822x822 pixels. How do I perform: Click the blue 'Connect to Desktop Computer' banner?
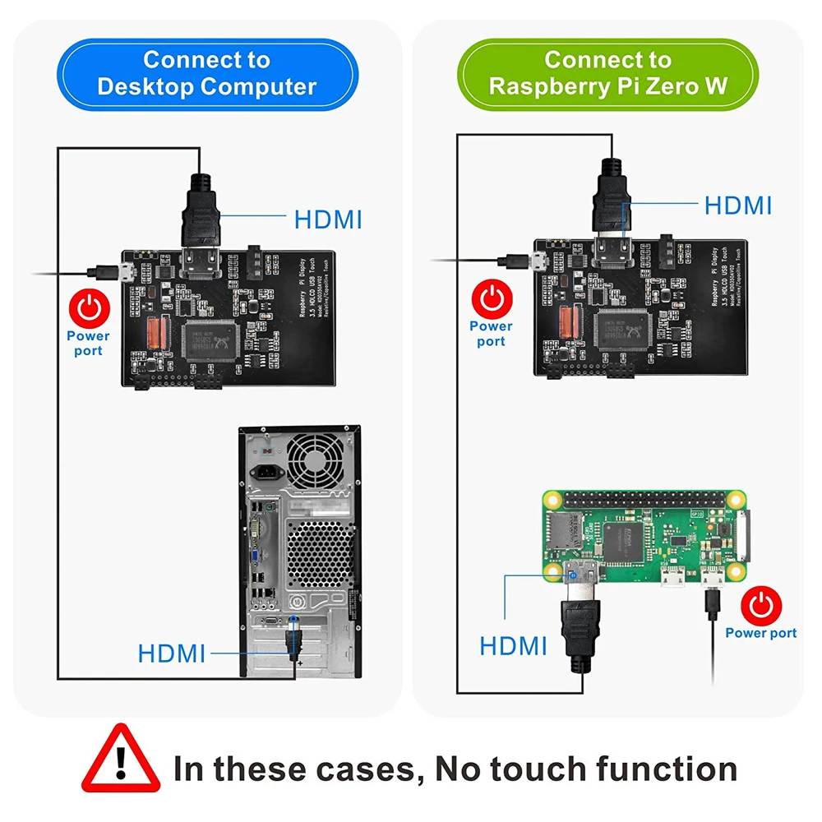(206, 73)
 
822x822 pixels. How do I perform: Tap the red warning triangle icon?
(122, 759)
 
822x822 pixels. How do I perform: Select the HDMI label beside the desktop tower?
(171, 653)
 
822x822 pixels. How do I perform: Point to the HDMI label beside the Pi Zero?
(513, 645)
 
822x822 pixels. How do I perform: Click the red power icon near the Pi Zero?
(761, 606)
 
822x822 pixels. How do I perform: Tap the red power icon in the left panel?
(89, 309)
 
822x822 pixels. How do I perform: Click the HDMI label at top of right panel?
(737, 205)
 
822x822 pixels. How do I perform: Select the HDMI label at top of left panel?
(328, 219)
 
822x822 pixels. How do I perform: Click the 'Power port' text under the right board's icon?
(491, 333)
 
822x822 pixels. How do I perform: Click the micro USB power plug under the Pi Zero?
(711, 604)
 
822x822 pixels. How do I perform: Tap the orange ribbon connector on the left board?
(157, 333)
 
